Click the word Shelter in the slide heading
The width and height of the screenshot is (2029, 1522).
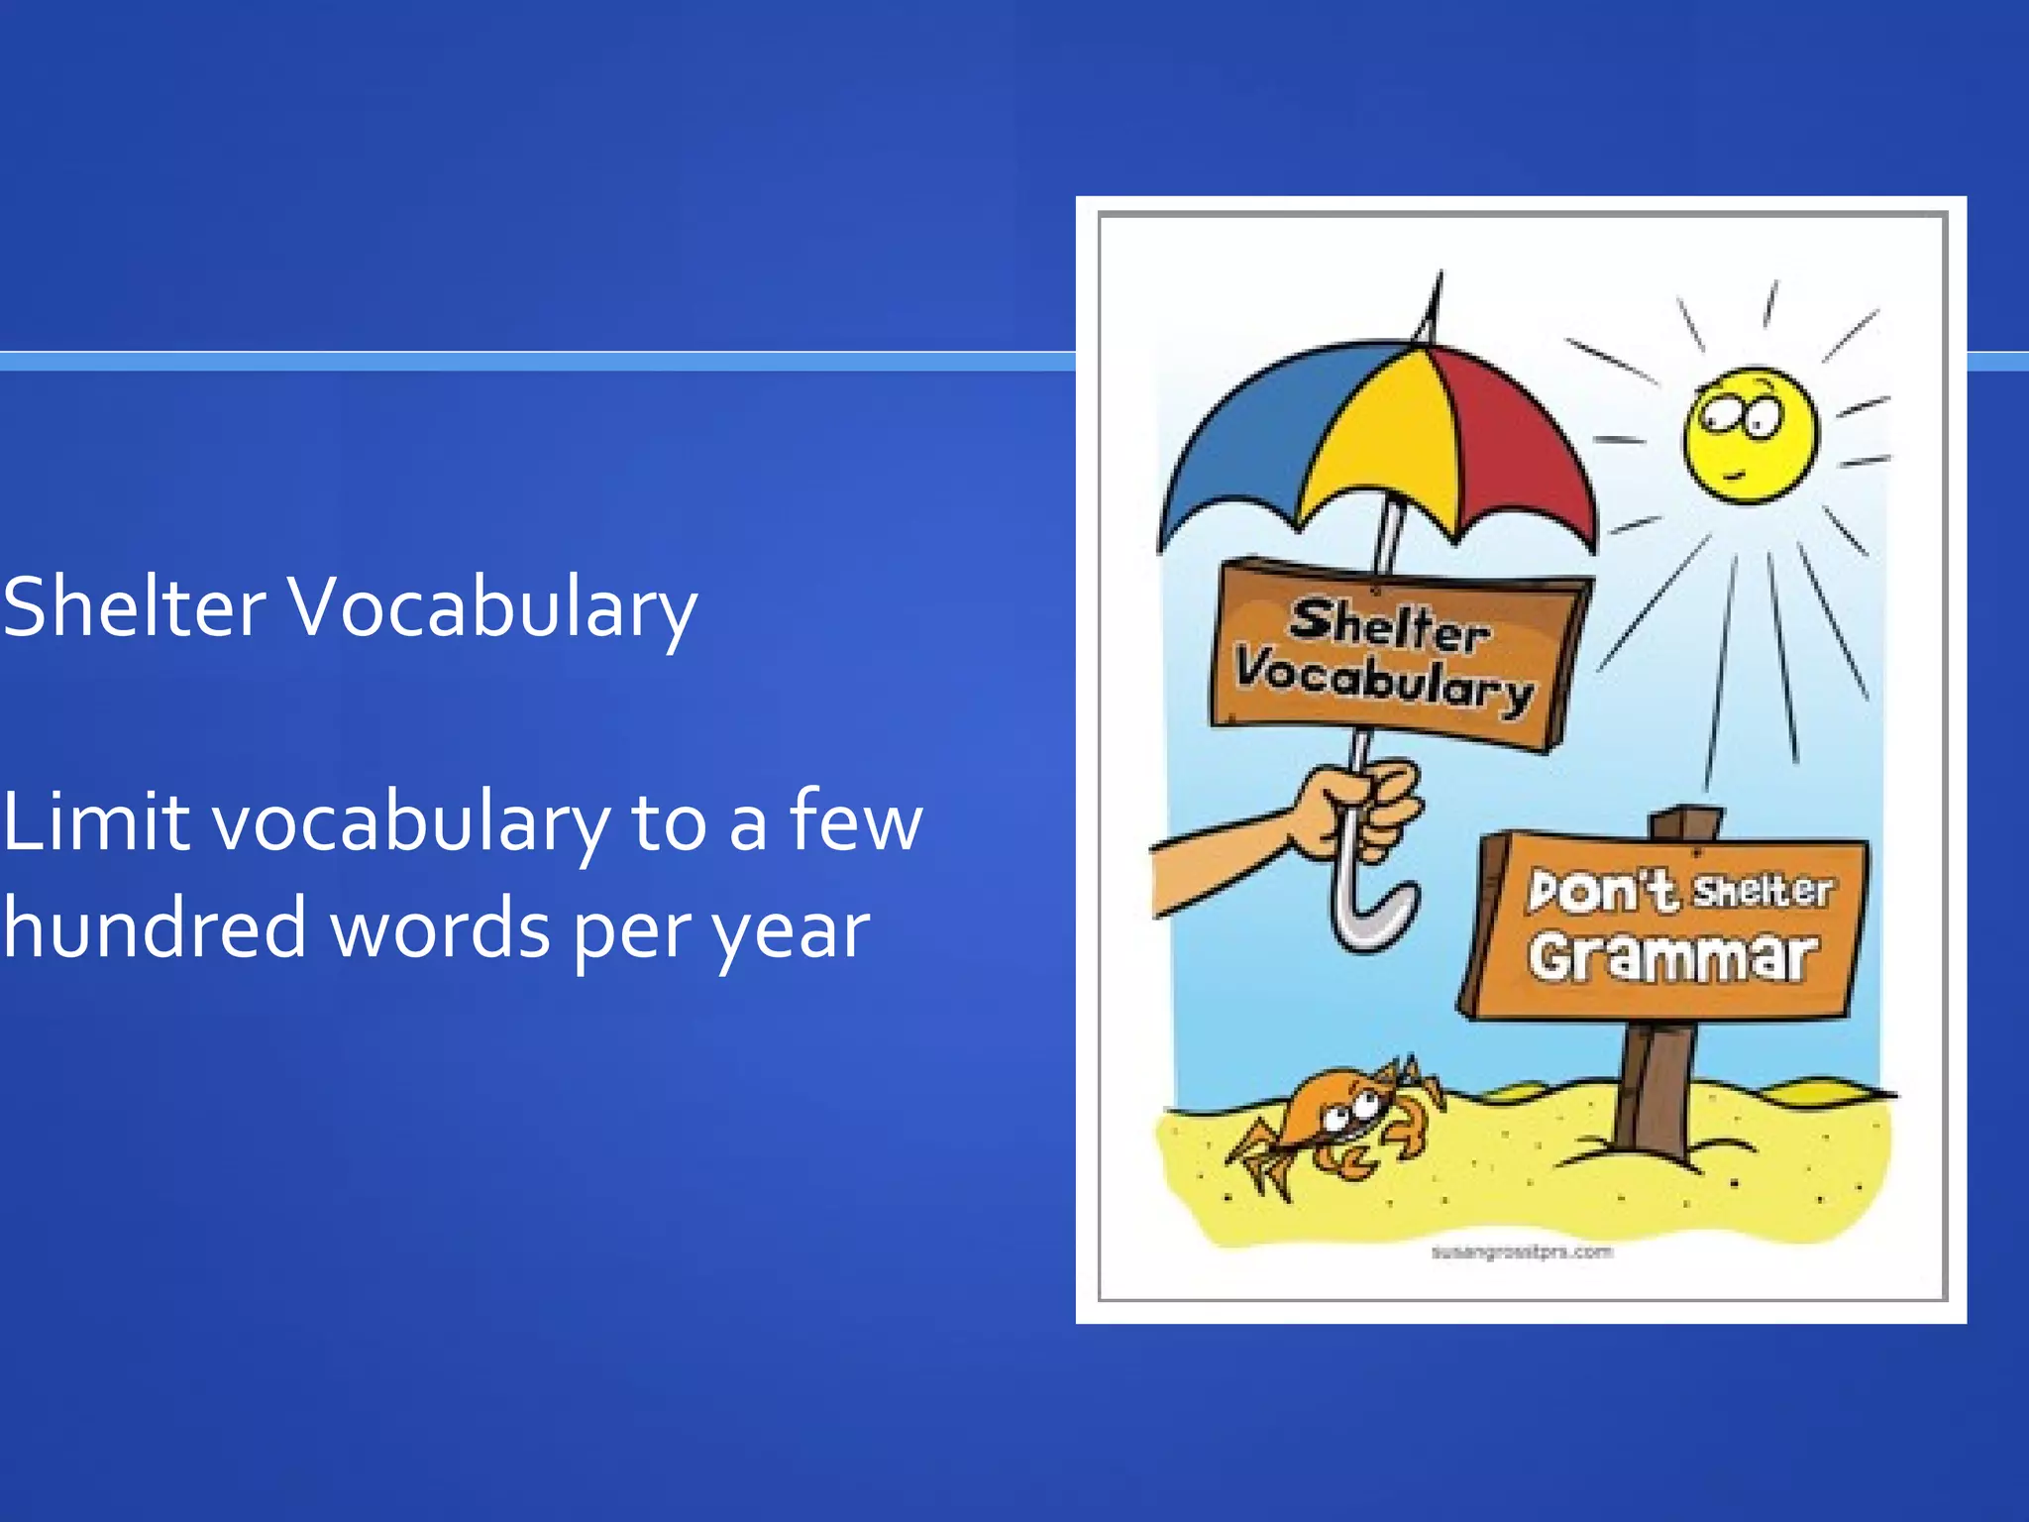(134, 606)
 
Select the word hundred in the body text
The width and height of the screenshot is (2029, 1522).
(154, 928)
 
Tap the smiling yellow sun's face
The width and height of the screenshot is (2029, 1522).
(1751, 434)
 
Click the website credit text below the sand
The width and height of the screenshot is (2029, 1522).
(1522, 1252)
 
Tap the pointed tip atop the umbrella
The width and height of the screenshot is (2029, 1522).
(1436, 287)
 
